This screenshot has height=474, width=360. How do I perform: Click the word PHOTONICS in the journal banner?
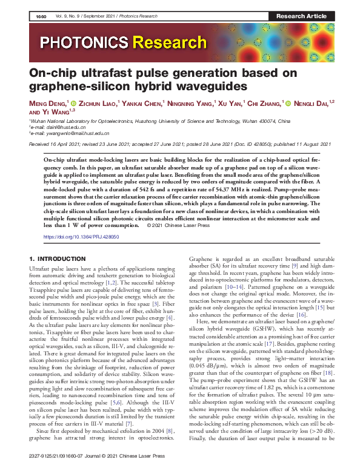pos(85,42)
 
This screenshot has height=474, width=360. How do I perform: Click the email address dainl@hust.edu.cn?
pos(57,127)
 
